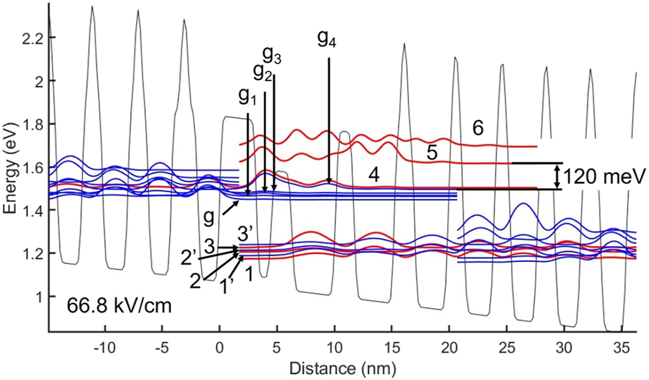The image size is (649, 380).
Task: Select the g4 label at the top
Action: [326, 42]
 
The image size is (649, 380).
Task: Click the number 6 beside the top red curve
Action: [478, 129]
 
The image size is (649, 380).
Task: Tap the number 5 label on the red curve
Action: [431, 153]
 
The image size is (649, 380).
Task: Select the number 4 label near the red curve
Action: [374, 175]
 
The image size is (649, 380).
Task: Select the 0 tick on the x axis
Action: [219, 348]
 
